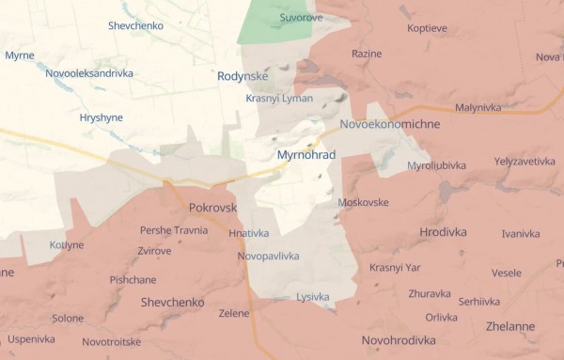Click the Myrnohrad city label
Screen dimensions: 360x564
(306, 154)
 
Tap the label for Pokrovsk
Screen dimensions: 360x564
(212, 207)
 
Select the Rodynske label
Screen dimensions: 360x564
(242, 76)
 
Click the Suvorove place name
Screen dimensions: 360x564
(301, 18)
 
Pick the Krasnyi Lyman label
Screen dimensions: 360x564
(279, 99)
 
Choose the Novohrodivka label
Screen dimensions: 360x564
(399, 340)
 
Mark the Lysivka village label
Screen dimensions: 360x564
(312, 297)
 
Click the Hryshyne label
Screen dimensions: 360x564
(102, 119)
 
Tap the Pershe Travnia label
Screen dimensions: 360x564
(174, 230)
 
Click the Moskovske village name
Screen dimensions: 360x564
(363, 203)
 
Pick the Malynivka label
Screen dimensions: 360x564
(478, 108)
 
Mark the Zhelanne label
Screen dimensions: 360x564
(511, 326)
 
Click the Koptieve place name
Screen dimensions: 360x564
(428, 28)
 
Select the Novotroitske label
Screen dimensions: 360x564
(111, 341)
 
